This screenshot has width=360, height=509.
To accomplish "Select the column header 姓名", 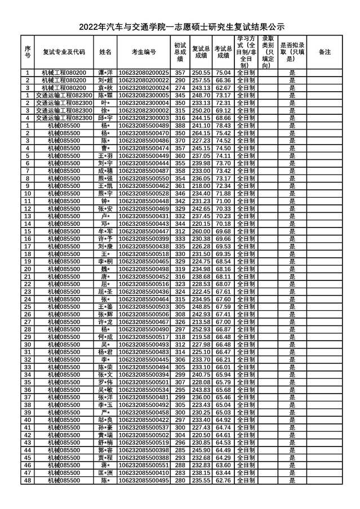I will [105, 51].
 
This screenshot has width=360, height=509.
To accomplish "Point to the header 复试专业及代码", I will [64, 51].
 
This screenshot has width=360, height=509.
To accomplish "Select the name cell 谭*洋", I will [105, 73].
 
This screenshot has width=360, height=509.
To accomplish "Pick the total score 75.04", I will [223, 73].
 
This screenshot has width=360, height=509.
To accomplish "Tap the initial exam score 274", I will [180, 88].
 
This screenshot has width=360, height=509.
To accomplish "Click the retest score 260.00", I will [201, 231].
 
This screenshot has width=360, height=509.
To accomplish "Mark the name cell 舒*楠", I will [105, 443].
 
